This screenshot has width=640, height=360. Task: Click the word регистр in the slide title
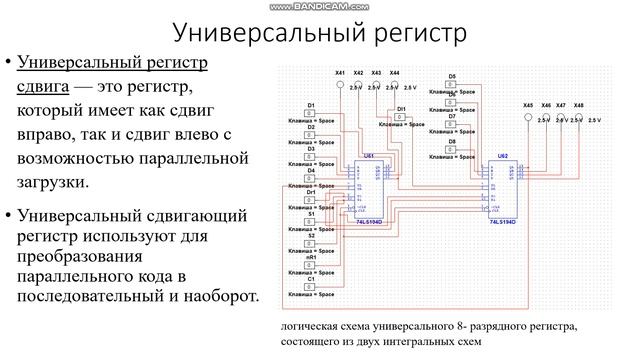412,32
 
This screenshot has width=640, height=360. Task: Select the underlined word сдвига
47,86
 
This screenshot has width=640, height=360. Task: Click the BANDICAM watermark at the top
320,6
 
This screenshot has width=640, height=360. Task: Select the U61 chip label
370,157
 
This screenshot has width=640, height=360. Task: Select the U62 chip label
502,157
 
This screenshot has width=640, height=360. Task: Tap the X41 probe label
340,73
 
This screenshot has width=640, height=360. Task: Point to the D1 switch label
311,105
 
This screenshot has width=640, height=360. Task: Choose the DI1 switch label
402,107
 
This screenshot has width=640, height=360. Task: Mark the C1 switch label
311,280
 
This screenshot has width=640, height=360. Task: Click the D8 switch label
452,142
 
